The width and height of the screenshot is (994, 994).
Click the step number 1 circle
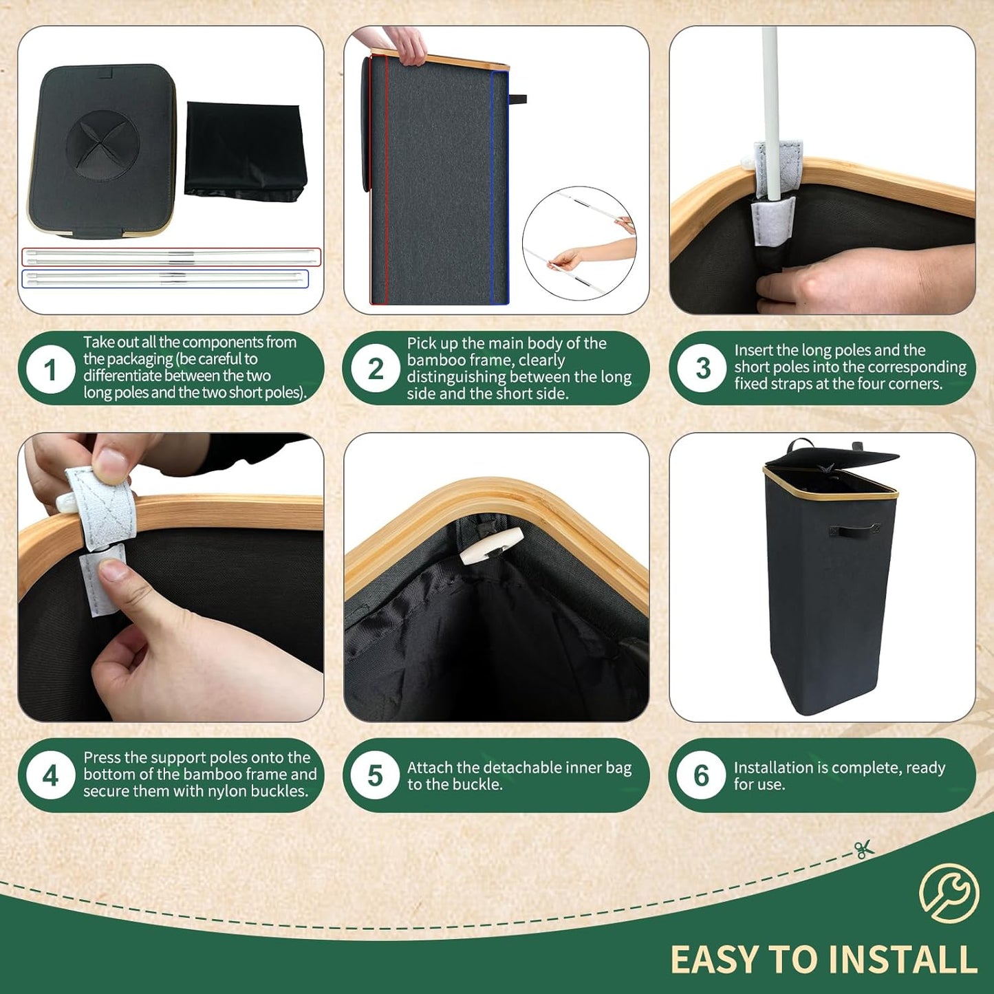(50, 370)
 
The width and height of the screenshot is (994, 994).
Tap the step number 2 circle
(375, 369)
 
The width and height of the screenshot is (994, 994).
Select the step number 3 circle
(702, 368)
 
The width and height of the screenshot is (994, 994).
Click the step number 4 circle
(50, 776)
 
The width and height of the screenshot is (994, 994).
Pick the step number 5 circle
(375, 776)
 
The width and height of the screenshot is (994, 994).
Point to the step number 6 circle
(701, 776)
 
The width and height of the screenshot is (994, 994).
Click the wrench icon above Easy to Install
(949, 893)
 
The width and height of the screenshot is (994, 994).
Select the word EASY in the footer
(713, 960)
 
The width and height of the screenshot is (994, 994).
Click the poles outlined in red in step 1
(171, 257)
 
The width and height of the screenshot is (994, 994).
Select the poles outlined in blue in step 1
(165, 279)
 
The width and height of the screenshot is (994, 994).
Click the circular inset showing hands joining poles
(579, 243)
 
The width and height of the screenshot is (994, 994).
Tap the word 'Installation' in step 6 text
(774, 768)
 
